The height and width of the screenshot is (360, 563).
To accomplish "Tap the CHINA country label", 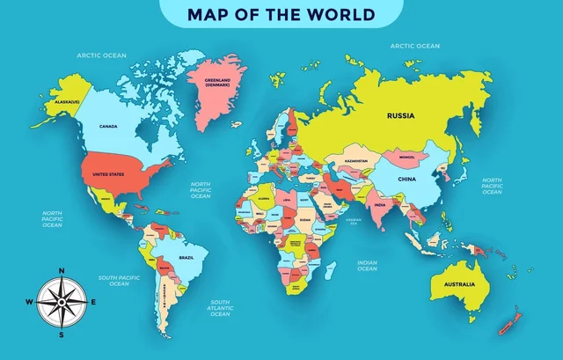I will click(406, 179).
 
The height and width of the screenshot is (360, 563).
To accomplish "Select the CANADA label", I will click(108, 127).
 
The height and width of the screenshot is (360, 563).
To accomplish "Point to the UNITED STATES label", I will click(108, 174).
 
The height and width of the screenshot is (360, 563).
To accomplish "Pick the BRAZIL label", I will click(186, 257).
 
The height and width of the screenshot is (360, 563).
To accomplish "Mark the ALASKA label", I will click(67, 101).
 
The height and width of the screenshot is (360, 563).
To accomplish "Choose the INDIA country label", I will click(380, 205).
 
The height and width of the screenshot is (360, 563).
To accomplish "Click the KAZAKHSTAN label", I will click(355, 162).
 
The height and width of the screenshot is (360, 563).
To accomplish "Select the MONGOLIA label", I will click(406, 158).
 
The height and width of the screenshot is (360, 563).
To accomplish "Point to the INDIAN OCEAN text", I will click(367, 266).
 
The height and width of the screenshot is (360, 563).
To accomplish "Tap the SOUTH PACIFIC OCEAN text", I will click(120, 281).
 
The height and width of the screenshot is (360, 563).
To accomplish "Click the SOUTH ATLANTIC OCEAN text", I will click(220, 308).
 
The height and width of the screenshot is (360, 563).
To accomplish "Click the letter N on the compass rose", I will click(61, 270).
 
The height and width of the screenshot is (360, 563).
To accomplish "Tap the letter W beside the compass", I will click(29, 302).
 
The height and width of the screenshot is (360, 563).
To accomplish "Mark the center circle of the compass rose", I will click(61, 302).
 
